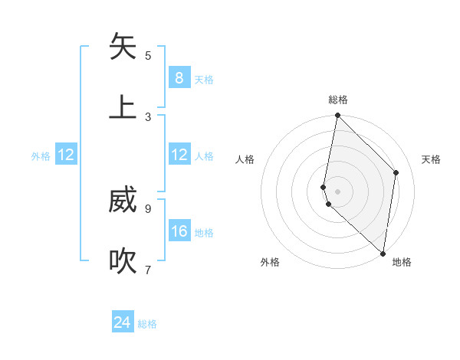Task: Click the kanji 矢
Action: pyautogui.click(x=123, y=47)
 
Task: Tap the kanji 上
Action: pyautogui.click(x=123, y=108)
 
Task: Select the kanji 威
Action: pyautogui.click(x=123, y=201)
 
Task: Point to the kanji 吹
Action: pyautogui.click(x=123, y=261)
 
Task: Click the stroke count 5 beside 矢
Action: pyautogui.click(x=148, y=55)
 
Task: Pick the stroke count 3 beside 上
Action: pyautogui.click(x=148, y=116)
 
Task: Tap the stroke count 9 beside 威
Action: pyautogui.click(x=148, y=208)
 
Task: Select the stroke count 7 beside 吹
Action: pyautogui.click(x=148, y=270)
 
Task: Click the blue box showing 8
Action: pyautogui.click(x=179, y=78)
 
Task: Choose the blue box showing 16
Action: pyautogui.click(x=179, y=231)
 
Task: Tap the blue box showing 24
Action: pyautogui.click(x=123, y=322)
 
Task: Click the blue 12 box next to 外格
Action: pyautogui.click(x=66, y=155)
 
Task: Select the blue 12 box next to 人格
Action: pyautogui.click(x=179, y=155)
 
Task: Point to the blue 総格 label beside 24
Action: pyautogui.click(x=147, y=324)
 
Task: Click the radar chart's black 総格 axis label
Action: pyautogui.click(x=338, y=100)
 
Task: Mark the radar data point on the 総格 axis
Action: pyautogui.click(x=337, y=116)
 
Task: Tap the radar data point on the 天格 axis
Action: pyautogui.click(x=396, y=172)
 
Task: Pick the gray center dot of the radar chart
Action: pyautogui.click(x=337, y=191)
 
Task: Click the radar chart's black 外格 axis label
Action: pyautogui.click(x=270, y=262)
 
